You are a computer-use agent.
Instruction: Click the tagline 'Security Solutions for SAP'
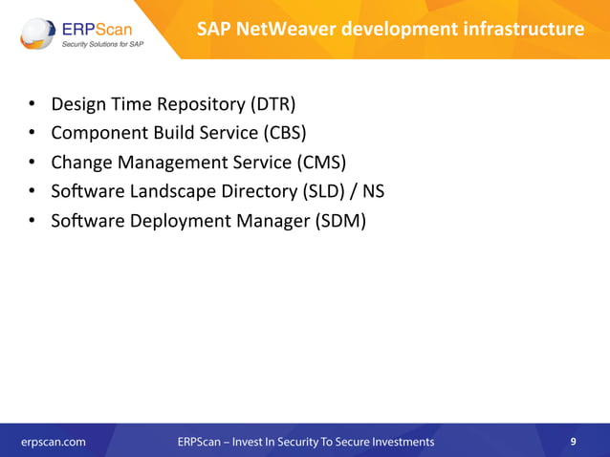(103, 44)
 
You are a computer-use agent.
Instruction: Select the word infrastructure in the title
(525, 29)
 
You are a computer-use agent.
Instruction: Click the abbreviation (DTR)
(277, 102)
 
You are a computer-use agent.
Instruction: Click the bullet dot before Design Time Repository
(32, 103)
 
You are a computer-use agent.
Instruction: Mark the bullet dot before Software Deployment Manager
(32, 222)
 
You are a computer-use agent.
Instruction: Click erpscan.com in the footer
(54, 442)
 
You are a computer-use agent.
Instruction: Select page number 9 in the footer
(573, 442)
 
